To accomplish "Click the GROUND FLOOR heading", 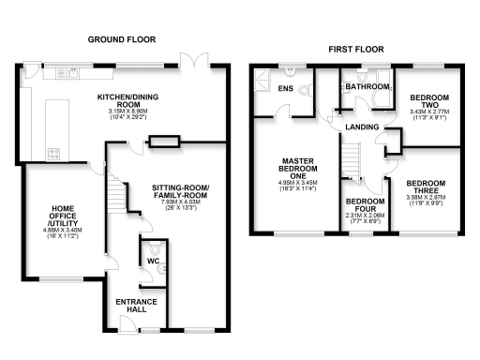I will (x=121, y=39).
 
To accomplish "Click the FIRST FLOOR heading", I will (x=353, y=48).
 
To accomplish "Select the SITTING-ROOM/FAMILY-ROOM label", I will (x=181, y=192).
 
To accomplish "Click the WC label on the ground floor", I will (x=153, y=260).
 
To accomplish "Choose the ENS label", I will (x=287, y=88).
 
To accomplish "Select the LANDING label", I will (x=361, y=127).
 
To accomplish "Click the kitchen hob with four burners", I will (x=54, y=153).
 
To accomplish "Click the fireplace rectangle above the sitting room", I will (x=163, y=142).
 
